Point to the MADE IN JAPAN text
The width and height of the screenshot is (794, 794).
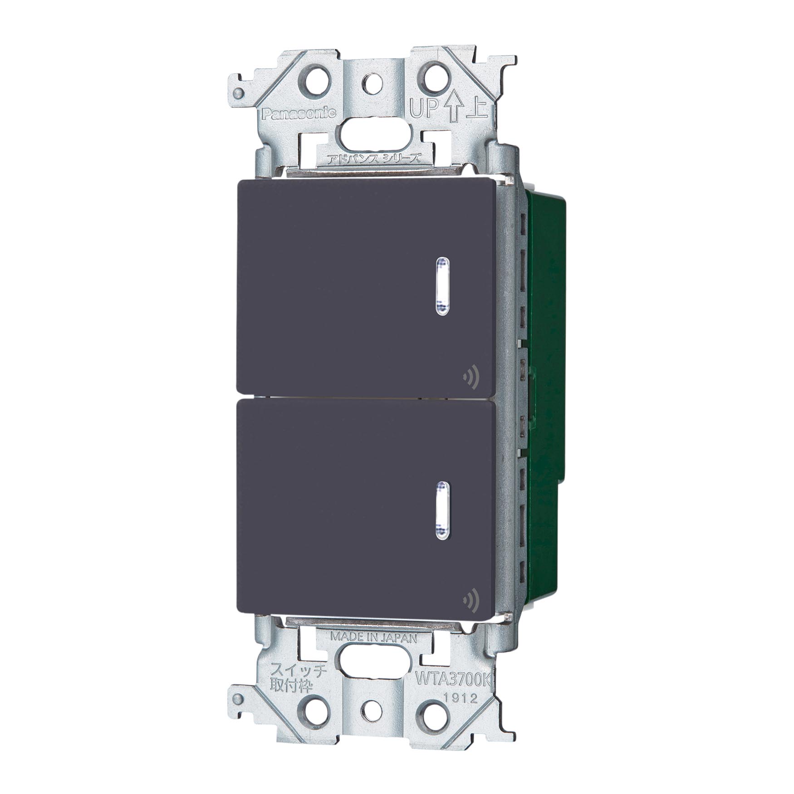tap(373, 637)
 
